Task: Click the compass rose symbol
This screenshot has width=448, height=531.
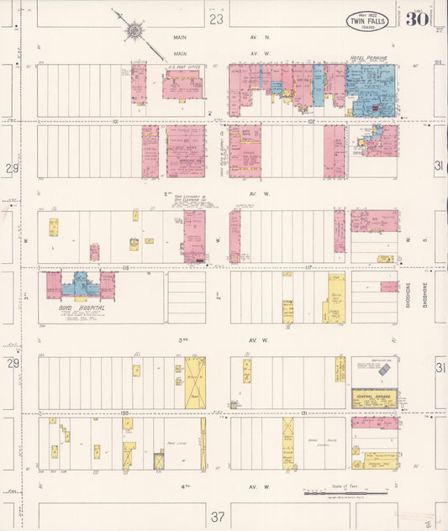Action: click(x=134, y=32)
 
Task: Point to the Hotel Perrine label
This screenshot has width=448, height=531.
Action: click(x=368, y=59)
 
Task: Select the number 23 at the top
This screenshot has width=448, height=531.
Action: click(x=217, y=18)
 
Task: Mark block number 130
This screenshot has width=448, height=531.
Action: click(x=124, y=413)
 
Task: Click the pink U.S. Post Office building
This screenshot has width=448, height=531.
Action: click(x=182, y=86)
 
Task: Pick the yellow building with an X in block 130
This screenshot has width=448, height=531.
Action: click(x=194, y=382)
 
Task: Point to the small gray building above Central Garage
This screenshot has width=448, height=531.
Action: click(x=384, y=370)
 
